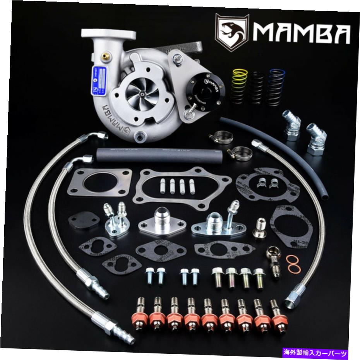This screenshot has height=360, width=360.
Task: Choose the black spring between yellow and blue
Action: [258, 86]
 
